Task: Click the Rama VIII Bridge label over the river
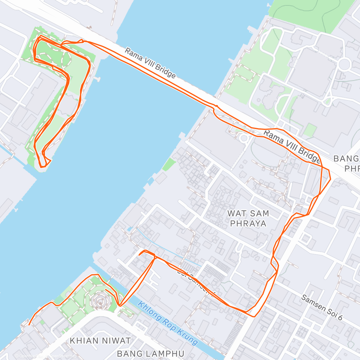click(150, 63)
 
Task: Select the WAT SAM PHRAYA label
click(248, 218)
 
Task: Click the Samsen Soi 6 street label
click(321, 307)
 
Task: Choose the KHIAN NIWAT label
click(100, 340)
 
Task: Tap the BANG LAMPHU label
click(151, 353)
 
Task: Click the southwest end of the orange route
click(29, 325)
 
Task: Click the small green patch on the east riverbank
click(169, 164)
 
